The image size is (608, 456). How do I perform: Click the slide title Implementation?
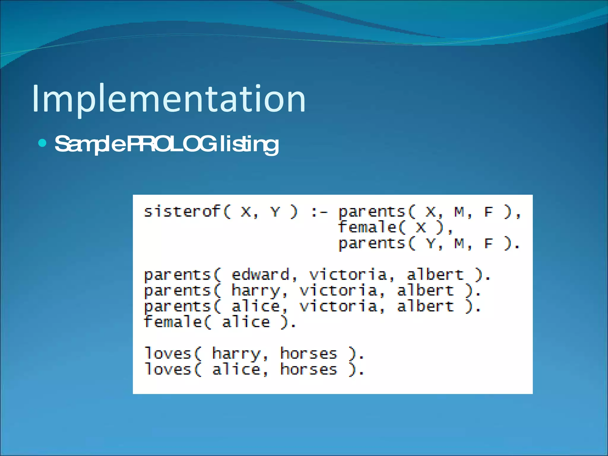pyautogui.click(x=169, y=99)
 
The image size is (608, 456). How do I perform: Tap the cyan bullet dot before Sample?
pyautogui.click(x=43, y=143)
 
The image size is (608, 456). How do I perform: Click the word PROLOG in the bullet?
pyautogui.click(x=171, y=144)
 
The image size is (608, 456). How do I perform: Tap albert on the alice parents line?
pyautogui.click(x=425, y=306)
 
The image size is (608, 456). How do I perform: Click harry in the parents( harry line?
pyautogui.click(x=256, y=291)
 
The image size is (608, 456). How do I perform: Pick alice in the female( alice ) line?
pyautogui.click(x=246, y=322)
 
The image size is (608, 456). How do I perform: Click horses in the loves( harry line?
pyautogui.click(x=309, y=354)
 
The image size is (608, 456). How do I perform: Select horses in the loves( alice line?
pyautogui.click(x=309, y=370)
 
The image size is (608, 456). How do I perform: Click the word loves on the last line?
pyautogui.click(x=168, y=370)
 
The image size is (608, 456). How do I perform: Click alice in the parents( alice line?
pyautogui.click(x=256, y=306)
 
